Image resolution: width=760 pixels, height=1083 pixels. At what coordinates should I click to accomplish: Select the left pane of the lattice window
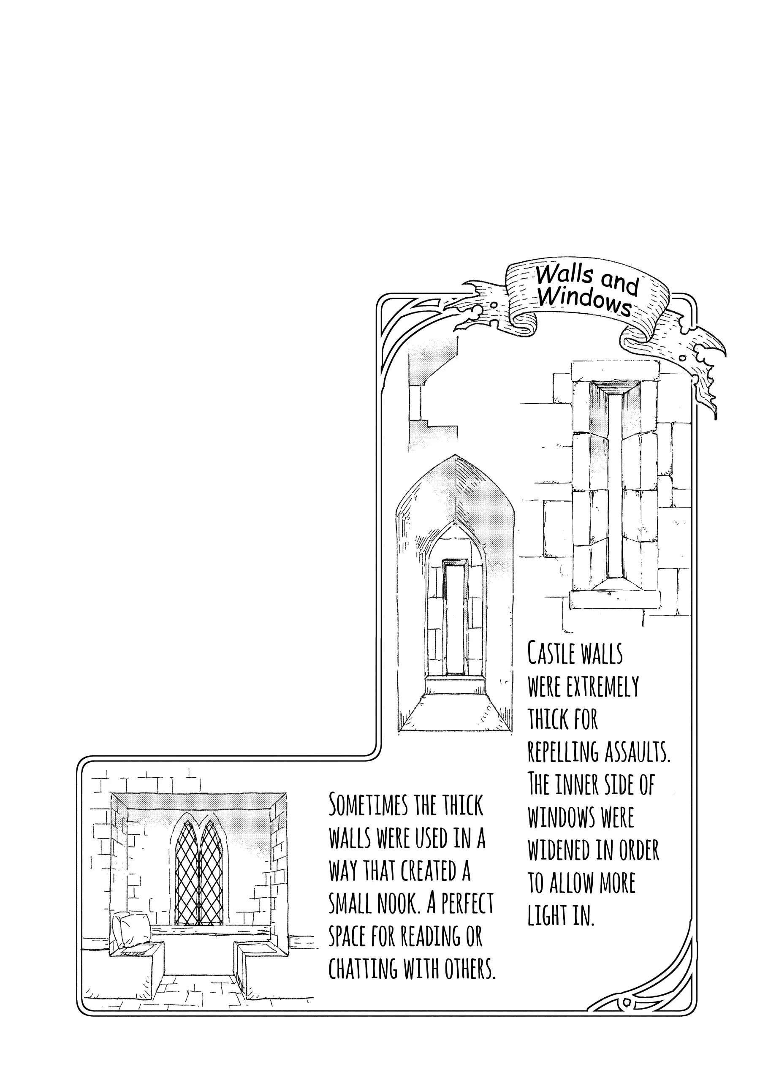tap(187, 873)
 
